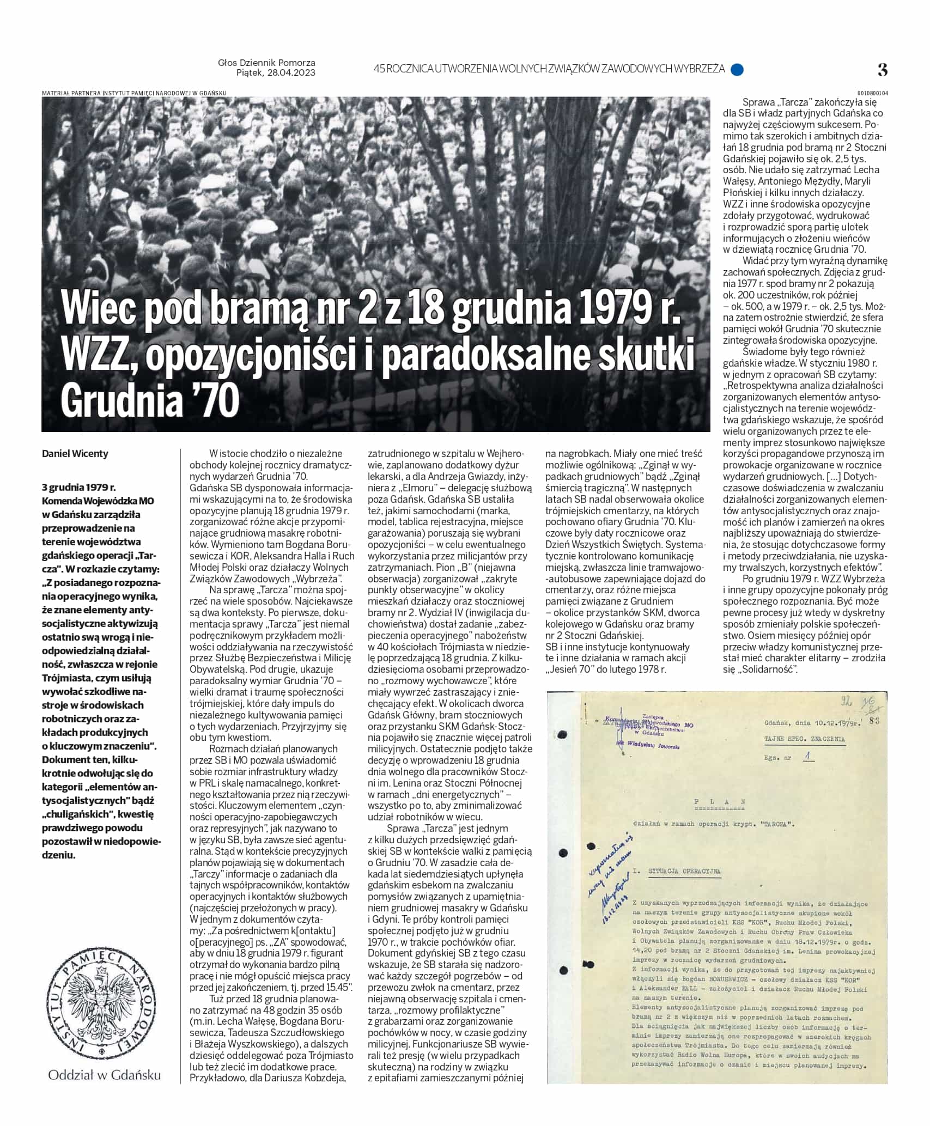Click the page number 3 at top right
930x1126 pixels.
tap(883, 70)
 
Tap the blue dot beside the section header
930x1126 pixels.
tap(737, 69)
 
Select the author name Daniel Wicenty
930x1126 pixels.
tap(75, 454)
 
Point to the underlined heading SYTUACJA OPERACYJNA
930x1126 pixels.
tap(684, 871)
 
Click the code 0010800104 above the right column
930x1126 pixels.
tap(872, 93)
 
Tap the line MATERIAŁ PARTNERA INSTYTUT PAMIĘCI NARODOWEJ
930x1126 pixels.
tap(134, 93)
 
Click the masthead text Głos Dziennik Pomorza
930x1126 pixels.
tap(266, 63)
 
